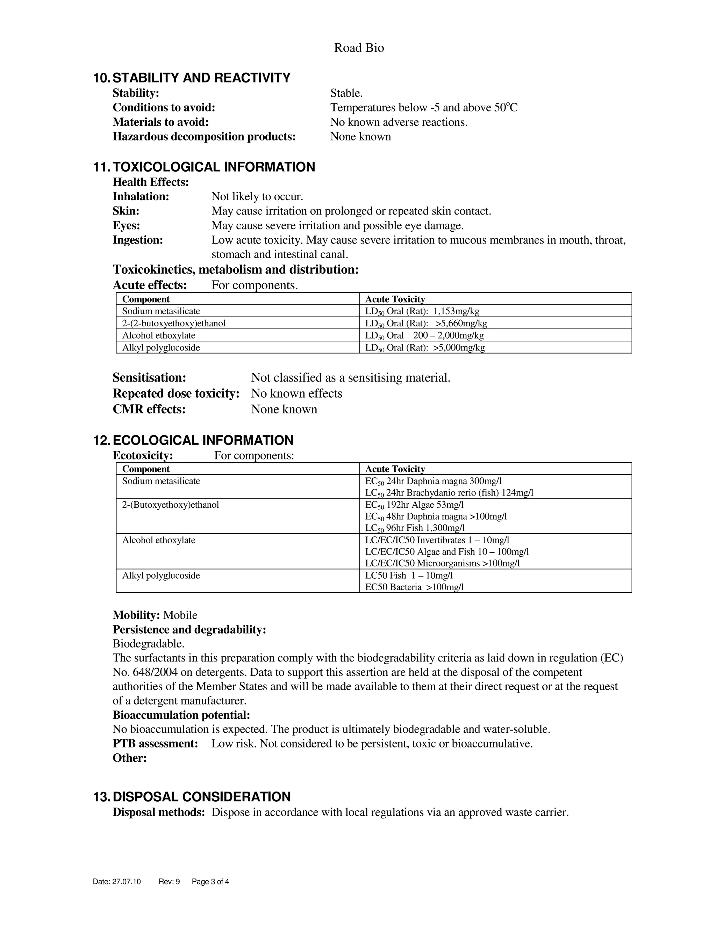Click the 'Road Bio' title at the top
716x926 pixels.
coord(359,48)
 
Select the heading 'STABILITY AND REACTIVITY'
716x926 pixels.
coord(201,78)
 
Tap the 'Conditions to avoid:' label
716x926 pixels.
coord(164,108)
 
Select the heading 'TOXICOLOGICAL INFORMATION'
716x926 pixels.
coord(214,167)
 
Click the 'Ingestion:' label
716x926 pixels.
coord(138,240)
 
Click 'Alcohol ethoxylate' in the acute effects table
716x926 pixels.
coord(159,335)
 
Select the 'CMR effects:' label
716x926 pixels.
coord(149,409)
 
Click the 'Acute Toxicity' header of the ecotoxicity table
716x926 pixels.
coord(395,469)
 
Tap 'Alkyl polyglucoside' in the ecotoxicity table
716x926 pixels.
coord(161,576)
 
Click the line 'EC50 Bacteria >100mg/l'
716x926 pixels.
coord(414,587)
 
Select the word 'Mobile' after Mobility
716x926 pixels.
coord(180,615)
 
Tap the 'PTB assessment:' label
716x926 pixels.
coord(155,744)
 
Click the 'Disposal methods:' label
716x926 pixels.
coord(159,812)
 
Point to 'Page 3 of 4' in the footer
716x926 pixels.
coord(210,882)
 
